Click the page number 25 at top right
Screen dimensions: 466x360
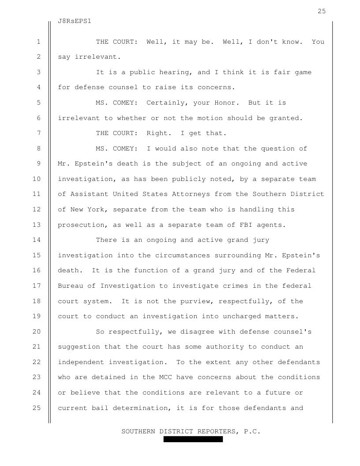pos(322,11)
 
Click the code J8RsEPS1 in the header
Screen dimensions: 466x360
pos(75,21)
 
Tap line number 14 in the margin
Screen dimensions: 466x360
pos(38,240)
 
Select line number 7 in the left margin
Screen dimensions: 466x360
pos(38,133)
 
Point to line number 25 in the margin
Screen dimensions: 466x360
pos(38,408)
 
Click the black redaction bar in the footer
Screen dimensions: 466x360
pos(193,440)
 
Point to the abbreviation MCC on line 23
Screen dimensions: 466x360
pos(161,377)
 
